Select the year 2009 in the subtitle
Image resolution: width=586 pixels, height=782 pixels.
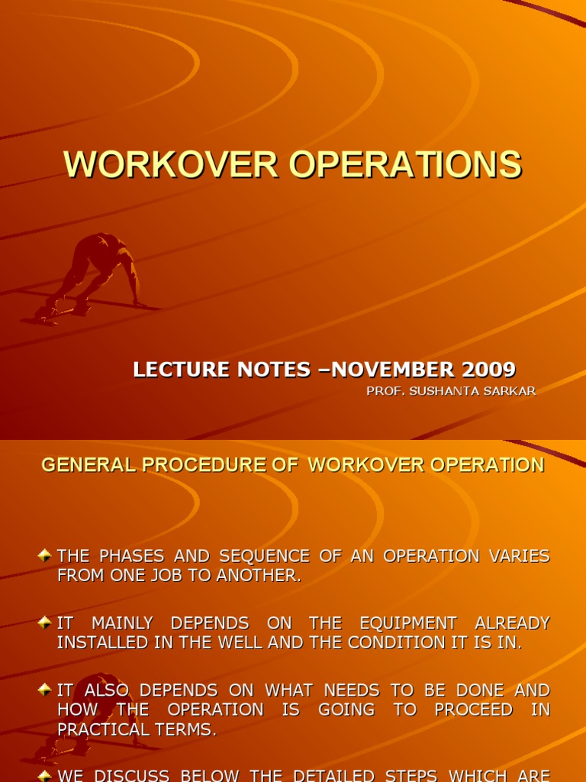coord(488,370)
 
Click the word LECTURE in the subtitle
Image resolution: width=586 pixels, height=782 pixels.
coord(176,370)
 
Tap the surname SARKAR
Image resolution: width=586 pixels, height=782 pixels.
coord(510,391)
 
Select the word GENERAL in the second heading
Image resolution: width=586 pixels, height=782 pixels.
coord(83,465)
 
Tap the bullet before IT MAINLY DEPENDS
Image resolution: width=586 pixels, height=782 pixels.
coord(45,623)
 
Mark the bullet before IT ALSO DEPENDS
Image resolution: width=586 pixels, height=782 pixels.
coord(45,690)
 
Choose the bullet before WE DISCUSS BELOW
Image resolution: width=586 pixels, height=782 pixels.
coord(45,774)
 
